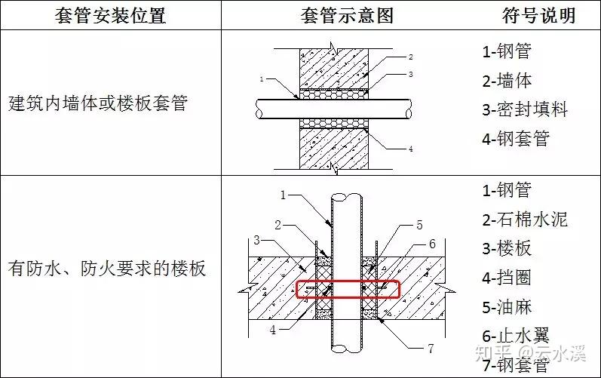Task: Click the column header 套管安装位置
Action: point(110,16)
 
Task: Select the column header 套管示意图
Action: point(347,16)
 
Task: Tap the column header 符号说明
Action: point(538,16)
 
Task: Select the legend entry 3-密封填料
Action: point(525,109)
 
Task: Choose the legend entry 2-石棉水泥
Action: point(525,220)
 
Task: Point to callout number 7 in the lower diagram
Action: point(430,349)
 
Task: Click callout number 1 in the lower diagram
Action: point(283,195)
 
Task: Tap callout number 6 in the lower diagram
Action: point(432,244)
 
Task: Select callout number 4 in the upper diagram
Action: point(410,149)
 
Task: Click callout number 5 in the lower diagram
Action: point(420,225)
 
